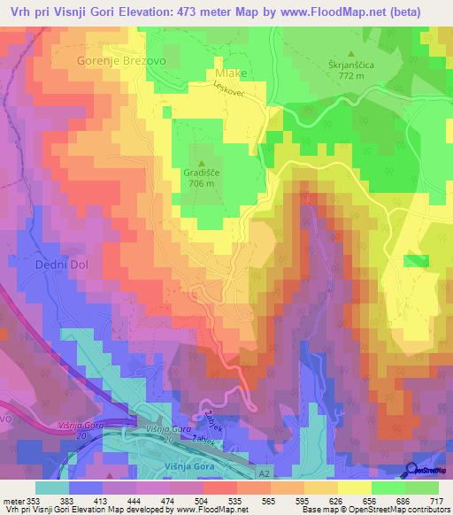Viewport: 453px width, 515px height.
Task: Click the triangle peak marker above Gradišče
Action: pyautogui.click(x=201, y=162)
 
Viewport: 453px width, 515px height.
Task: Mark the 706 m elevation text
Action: pyautogui.click(x=201, y=184)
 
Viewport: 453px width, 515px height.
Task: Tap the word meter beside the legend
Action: pyautogui.click(x=12, y=500)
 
